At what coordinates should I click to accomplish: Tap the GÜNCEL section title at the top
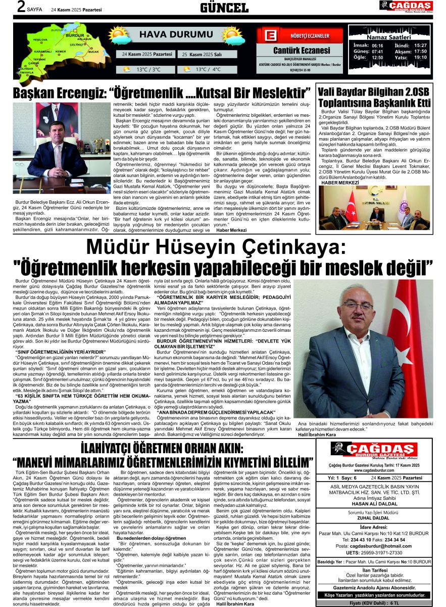(224, 8)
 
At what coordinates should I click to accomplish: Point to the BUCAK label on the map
(93, 52)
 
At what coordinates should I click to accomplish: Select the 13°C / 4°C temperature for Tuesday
(208, 69)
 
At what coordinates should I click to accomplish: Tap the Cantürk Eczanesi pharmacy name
(302, 50)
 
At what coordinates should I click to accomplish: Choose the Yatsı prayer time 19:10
(420, 57)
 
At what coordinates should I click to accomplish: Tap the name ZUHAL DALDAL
(374, 518)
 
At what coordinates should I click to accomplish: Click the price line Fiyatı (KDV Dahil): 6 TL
(374, 602)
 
